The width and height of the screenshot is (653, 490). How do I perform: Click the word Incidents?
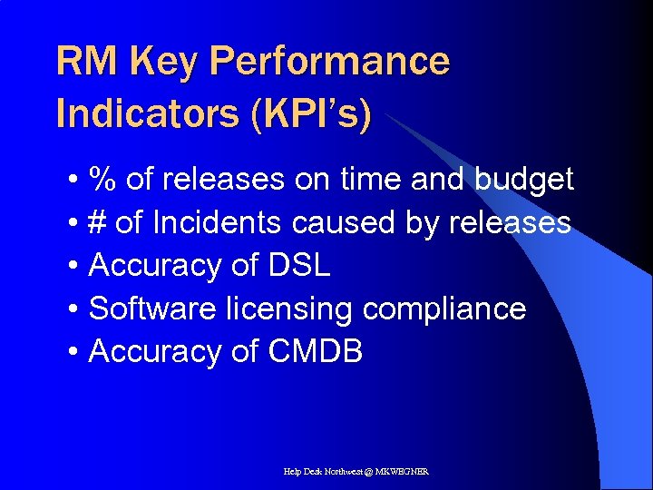(x=211, y=222)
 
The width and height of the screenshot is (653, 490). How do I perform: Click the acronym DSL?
(x=299, y=266)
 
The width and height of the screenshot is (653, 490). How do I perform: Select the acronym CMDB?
(x=316, y=352)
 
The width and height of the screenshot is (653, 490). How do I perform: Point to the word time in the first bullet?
(x=372, y=180)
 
